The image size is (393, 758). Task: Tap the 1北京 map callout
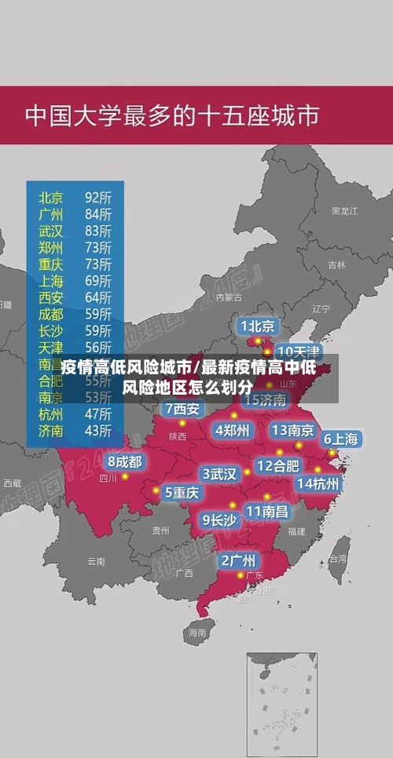[x=257, y=326]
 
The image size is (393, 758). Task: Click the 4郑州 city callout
[x=232, y=430]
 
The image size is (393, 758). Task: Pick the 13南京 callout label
[x=292, y=430]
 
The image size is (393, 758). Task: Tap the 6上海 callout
[x=341, y=439]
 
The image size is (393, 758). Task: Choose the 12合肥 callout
[x=277, y=465]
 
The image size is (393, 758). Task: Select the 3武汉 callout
[x=219, y=473]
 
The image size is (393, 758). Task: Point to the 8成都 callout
[x=125, y=461]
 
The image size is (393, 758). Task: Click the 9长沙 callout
[x=219, y=519]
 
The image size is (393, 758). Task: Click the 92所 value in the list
[x=98, y=196]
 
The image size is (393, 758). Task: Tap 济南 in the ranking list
[x=51, y=429]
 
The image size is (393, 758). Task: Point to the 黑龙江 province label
[x=344, y=211]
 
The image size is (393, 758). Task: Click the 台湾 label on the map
[x=337, y=559]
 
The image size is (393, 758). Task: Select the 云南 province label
[x=96, y=561]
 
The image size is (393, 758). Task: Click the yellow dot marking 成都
[x=125, y=476]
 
